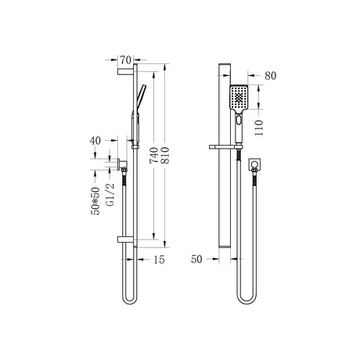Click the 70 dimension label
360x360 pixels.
125,60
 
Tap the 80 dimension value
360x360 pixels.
270,76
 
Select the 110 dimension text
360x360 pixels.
259,128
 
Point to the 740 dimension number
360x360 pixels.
154,156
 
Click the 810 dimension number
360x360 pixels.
165,156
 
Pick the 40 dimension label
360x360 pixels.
95,141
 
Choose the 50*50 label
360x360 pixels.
95,201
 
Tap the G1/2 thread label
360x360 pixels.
110,195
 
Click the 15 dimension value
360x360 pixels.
159,260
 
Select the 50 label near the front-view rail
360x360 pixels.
196,259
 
